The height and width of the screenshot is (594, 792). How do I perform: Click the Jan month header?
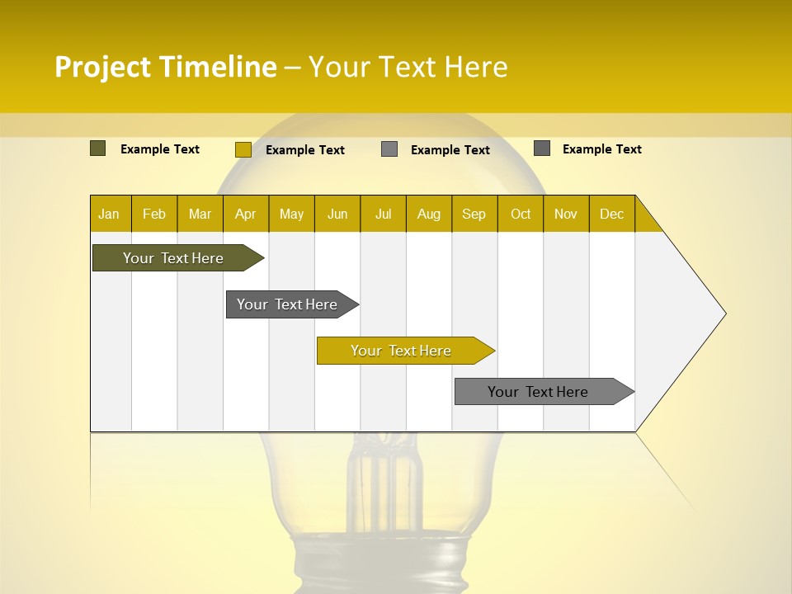coord(109,214)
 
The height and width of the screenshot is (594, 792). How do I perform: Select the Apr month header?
coord(245,214)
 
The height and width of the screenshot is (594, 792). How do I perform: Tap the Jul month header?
coord(383,214)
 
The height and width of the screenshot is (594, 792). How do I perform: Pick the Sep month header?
coord(474,214)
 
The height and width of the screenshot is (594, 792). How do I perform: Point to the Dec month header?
coord(611,214)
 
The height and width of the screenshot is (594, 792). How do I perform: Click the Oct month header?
coord(520,214)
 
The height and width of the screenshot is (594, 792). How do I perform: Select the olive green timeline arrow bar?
coord(174,258)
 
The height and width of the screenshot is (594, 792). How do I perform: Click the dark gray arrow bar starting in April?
coord(288,304)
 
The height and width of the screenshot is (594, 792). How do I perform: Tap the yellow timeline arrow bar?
coord(402,351)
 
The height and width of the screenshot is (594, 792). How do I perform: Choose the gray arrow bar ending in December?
coord(539,392)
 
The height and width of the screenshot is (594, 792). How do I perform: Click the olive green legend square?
coord(97,148)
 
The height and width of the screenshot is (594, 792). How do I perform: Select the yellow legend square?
coord(243,149)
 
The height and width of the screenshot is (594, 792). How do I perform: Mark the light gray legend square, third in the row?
coord(389,149)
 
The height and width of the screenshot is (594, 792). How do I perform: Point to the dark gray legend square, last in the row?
coord(542,148)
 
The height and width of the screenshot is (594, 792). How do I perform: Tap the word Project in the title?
coord(102,67)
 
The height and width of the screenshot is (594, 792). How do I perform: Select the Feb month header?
coord(154,214)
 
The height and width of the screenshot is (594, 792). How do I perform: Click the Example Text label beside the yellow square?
coord(304,150)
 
